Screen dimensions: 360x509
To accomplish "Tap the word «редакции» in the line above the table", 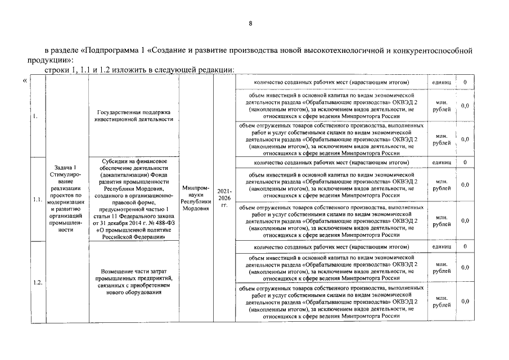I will [210, 70].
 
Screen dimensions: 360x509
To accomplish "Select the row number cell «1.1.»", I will [37, 199].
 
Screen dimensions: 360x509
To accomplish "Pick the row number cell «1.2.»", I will [37, 282].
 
